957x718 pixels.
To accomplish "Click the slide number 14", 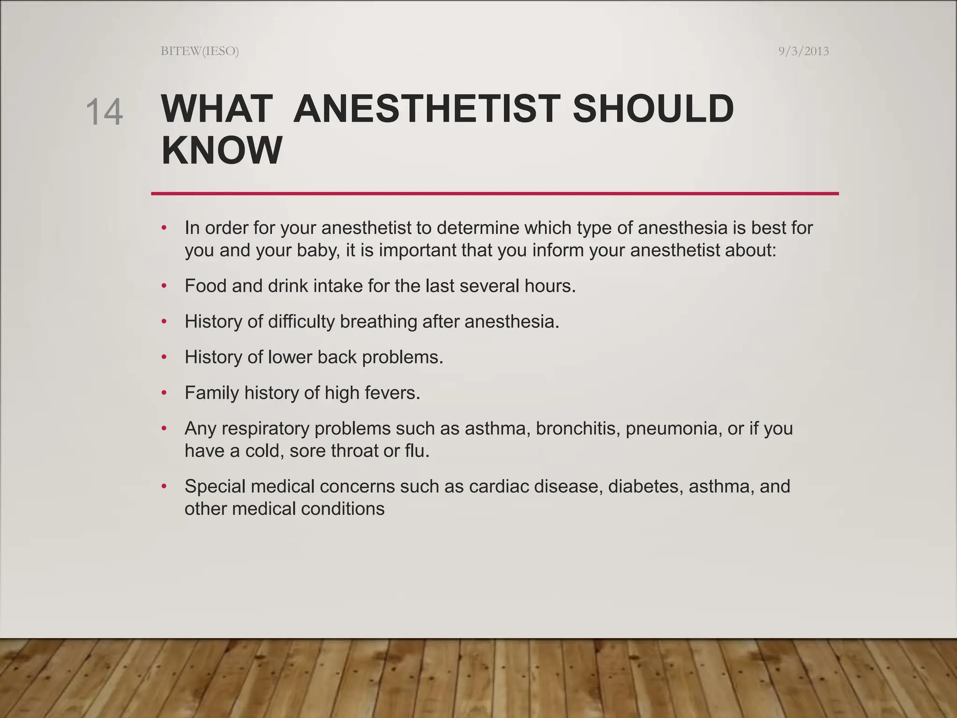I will (x=104, y=112).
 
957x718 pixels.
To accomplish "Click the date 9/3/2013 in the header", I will (x=803, y=51).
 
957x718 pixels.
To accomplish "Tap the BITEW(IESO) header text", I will (x=200, y=51).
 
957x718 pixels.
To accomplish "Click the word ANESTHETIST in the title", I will (x=427, y=109).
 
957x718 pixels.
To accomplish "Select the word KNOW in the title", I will (x=221, y=150).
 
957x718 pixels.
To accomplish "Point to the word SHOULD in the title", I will (x=653, y=109).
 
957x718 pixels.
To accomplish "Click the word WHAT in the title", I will (x=217, y=109).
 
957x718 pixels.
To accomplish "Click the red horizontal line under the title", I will (x=494, y=194).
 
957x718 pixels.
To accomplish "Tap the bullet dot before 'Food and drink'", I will (x=164, y=286).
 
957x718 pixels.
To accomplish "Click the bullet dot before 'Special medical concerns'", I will (x=164, y=487).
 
